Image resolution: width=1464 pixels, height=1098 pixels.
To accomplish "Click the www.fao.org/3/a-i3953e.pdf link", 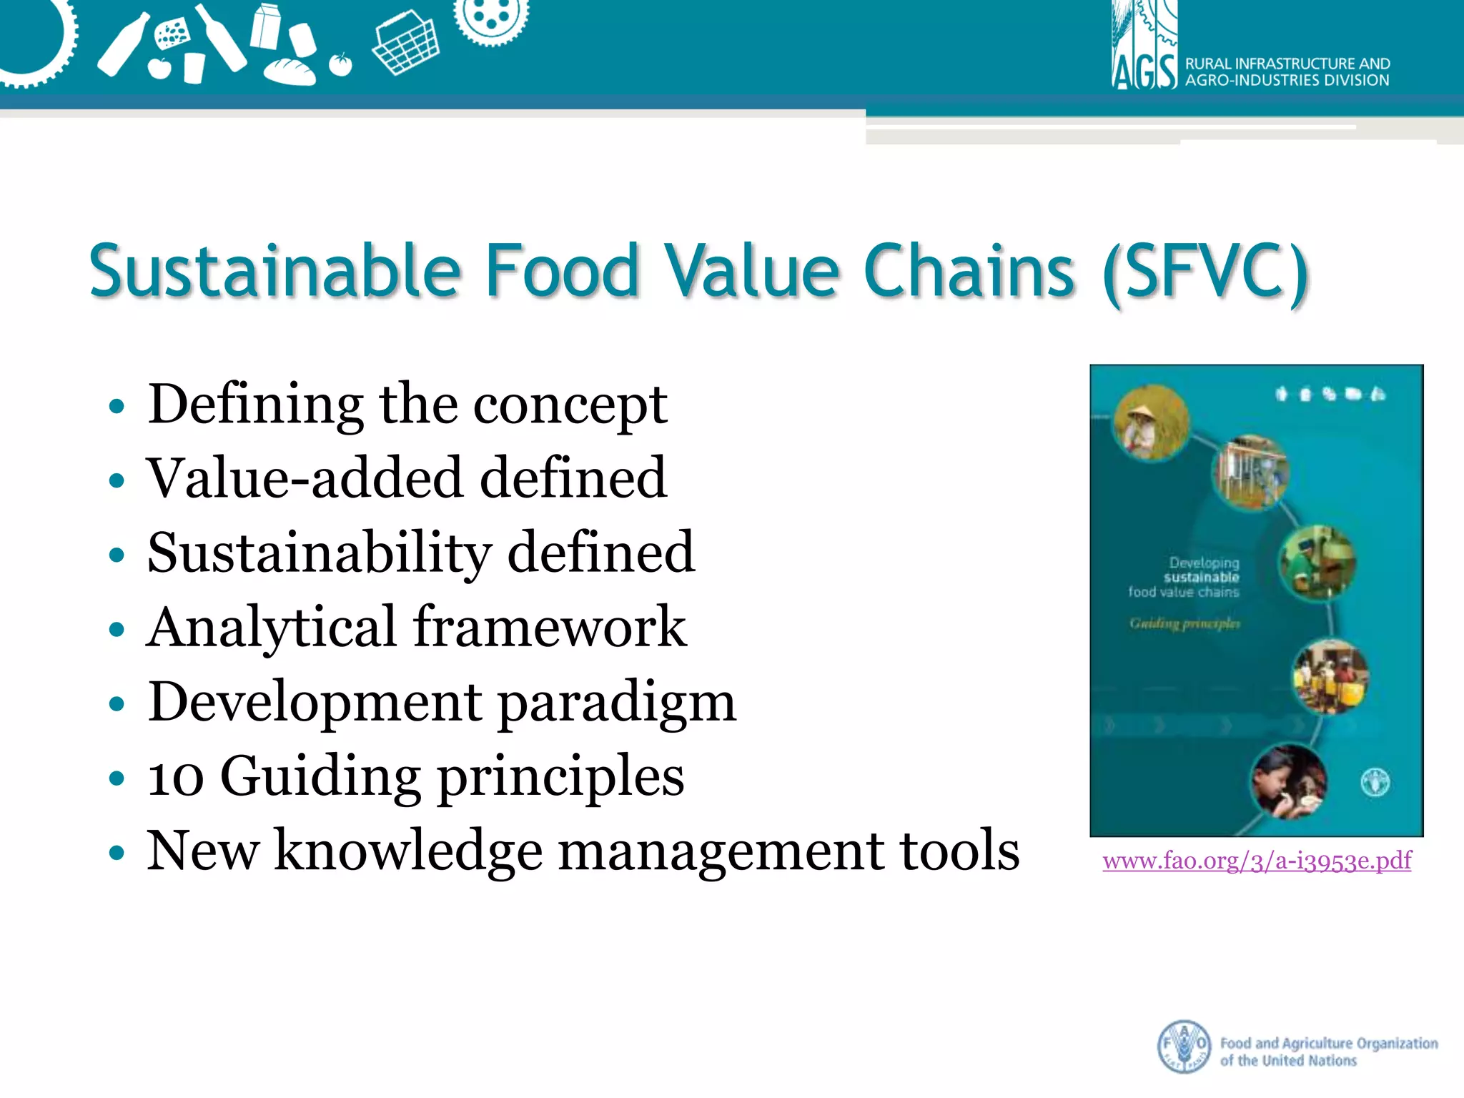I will tap(1257, 860).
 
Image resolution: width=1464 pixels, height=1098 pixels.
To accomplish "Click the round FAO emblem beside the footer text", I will tap(1184, 1047).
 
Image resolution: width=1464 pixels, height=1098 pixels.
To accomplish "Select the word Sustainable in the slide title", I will tap(275, 271).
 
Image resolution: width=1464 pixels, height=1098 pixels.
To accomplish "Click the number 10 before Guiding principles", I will tap(175, 777).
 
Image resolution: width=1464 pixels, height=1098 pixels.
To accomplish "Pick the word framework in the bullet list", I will tap(550, 627).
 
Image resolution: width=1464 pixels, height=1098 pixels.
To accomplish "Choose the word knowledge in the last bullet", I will tap(408, 851).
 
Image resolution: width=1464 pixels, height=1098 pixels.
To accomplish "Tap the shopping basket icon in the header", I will tap(405, 47).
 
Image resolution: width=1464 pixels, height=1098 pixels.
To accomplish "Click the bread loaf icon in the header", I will tap(290, 71).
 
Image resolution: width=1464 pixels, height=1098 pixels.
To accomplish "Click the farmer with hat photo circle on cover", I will tap(1152, 423).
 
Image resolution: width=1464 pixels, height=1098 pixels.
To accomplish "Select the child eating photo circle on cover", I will tap(1288, 781).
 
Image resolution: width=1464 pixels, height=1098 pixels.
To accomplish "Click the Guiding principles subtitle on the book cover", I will tap(1184, 623).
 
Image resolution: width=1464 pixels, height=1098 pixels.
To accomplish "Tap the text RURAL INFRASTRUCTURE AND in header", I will tap(1287, 64).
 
